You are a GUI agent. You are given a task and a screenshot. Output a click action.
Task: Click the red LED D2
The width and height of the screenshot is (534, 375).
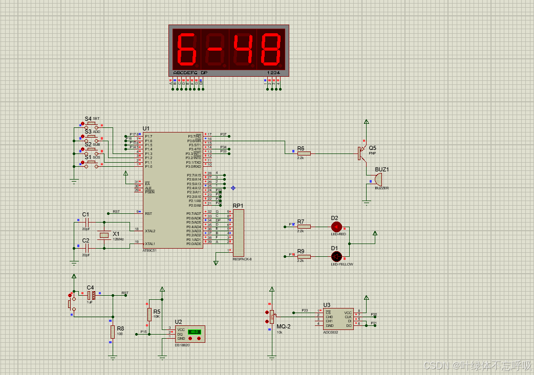point(336,226)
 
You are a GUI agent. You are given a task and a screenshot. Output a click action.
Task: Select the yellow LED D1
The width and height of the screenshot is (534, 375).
point(336,256)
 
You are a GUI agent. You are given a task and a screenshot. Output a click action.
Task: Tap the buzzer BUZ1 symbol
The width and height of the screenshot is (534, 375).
point(377,180)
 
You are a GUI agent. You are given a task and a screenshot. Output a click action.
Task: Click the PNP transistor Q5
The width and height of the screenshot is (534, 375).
point(362,152)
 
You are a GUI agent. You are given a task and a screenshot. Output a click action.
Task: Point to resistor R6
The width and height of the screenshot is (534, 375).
point(304,152)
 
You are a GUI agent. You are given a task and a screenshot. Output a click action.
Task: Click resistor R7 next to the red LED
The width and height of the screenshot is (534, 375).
point(304,226)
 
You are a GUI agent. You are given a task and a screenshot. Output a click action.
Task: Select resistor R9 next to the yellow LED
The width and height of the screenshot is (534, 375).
point(304,256)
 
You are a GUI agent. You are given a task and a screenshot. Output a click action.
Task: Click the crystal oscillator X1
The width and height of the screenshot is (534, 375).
point(104,235)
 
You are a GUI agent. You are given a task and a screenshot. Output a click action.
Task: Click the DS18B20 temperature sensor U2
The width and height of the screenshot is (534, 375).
point(189,334)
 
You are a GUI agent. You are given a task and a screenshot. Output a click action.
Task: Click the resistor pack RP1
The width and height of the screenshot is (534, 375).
point(239,233)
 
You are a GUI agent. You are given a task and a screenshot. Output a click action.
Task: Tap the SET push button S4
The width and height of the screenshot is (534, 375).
point(91,123)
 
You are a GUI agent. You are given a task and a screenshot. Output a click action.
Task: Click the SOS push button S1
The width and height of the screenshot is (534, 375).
point(91,163)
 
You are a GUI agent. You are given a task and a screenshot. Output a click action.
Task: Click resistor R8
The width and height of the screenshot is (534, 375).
point(113,332)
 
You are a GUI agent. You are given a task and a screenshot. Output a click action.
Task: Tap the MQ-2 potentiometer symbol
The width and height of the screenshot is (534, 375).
point(272,317)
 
